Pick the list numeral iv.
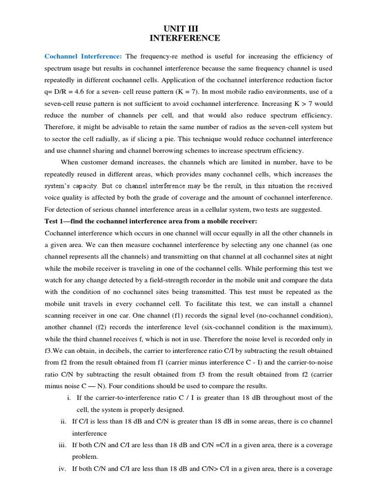click(x=62, y=469)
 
